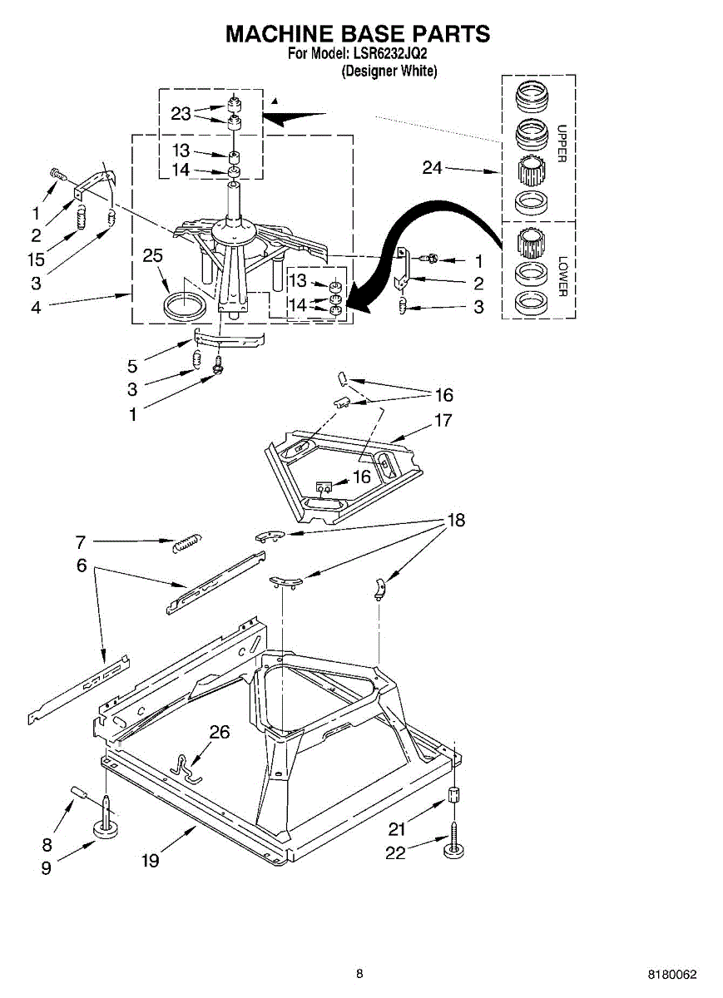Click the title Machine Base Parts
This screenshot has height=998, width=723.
coord(358,34)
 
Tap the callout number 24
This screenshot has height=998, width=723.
coord(432,168)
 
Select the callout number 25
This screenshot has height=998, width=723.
coord(152,255)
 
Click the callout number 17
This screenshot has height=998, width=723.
coord(443,421)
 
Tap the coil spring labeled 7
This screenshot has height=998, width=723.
coord(185,543)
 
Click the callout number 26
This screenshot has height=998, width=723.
coord(219,733)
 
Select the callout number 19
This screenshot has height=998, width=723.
coord(150,862)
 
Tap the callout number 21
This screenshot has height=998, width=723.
coord(397,828)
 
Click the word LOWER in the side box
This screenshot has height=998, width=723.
coord(562,276)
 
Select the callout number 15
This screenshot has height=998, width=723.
coord(36,259)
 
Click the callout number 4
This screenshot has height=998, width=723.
coord(36,307)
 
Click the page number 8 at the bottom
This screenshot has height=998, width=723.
coord(359,973)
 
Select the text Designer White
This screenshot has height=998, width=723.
coord(389,72)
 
